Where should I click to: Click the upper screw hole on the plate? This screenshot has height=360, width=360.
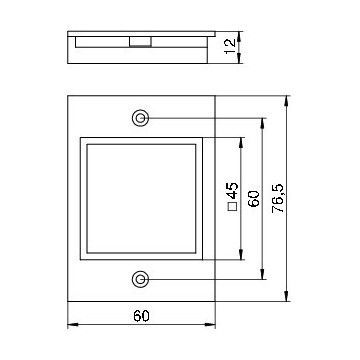141,118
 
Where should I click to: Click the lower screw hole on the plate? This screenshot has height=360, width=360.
141,276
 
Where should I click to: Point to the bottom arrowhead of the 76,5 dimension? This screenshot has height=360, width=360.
289,297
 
